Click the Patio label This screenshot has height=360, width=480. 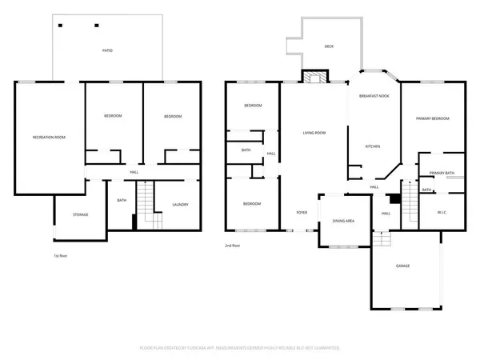click(x=107, y=50)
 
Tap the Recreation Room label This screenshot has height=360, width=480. click(x=49, y=138)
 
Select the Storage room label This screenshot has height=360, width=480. click(x=80, y=214)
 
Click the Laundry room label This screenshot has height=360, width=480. click(x=180, y=205)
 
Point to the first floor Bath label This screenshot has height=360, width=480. click(x=122, y=201)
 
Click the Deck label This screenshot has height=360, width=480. click(x=329, y=46)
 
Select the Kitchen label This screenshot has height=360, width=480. click(x=372, y=146)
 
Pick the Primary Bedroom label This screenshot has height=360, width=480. click(x=432, y=118)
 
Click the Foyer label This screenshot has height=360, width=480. click(x=302, y=213)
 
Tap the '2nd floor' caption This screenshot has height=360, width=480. click(x=233, y=246)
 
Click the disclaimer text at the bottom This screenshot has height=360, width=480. click(x=240, y=348)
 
